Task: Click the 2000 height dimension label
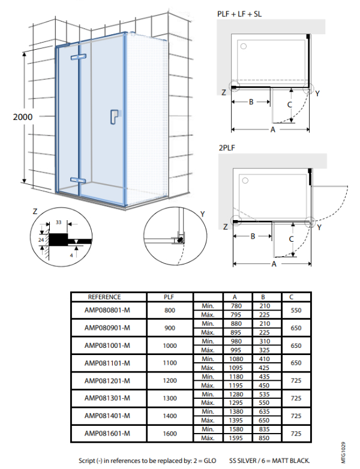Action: (22, 117)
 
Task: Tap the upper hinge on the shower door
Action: (79, 57)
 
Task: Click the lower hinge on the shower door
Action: (78, 180)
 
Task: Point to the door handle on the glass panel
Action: (115, 117)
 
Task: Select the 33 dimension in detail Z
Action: (59, 223)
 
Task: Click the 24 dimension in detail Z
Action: (41, 240)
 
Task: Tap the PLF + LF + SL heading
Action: (239, 14)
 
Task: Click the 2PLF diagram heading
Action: (227, 148)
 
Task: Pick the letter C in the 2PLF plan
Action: (291, 239)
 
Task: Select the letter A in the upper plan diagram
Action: (272, 130)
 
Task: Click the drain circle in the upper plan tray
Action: (244, 46)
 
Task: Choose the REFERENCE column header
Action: (104, 297)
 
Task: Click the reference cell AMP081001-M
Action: (107, 345)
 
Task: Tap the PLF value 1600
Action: (170, 434)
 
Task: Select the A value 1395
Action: (236, 420)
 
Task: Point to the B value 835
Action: (265, 429)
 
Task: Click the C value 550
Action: (296, 310)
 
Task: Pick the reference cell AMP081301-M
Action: (107, 398)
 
